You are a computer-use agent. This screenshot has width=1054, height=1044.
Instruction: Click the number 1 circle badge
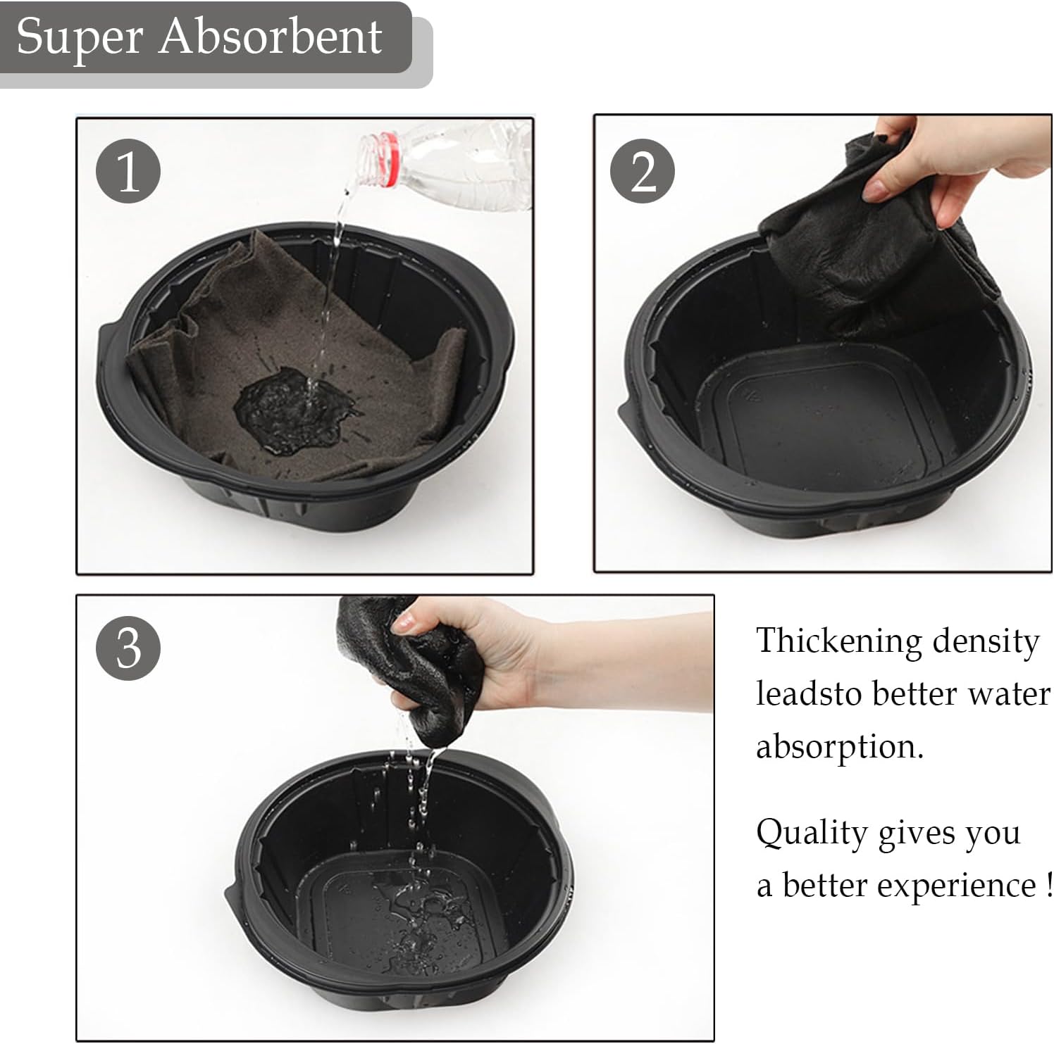[128, 171]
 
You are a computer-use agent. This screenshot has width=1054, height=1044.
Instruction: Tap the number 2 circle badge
[643, 171]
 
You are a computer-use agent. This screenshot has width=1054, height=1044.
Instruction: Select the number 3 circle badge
[128, 648]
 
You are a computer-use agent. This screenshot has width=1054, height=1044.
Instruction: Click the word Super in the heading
[81, 38]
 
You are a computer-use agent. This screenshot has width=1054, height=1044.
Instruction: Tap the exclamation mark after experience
[1049, 883]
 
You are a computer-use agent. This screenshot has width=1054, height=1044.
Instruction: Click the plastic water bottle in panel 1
[444, 165]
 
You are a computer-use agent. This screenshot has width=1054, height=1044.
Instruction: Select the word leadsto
[809, 693]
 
